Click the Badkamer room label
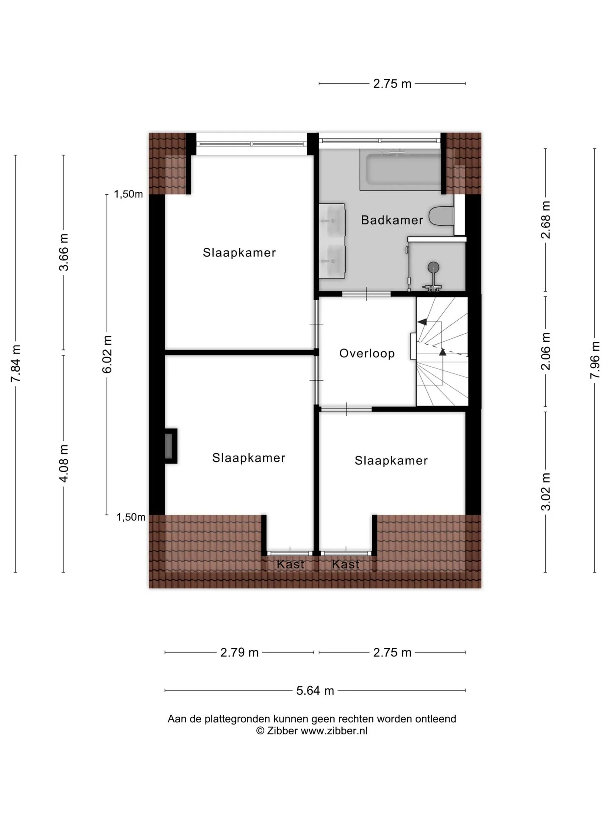point(392,220)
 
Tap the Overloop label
point(367,353)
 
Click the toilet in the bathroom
point(442,216)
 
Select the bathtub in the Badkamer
point(401,169)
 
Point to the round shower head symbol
point(433,267)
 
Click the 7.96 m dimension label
point(595,360)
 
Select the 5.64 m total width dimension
point(315,690)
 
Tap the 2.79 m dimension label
point(239,652)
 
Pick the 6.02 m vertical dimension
point(107,354)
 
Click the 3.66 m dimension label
point(64,252)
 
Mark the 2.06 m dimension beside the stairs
point(546,351)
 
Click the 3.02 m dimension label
point(546,492)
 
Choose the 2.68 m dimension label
point(546,220)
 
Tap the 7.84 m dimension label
point(16,363)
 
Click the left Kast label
point(290,564)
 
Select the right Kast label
point(346,564)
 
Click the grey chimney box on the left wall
point(171,446)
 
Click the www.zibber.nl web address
point(334,731)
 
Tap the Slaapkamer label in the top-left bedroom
point(239,252)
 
